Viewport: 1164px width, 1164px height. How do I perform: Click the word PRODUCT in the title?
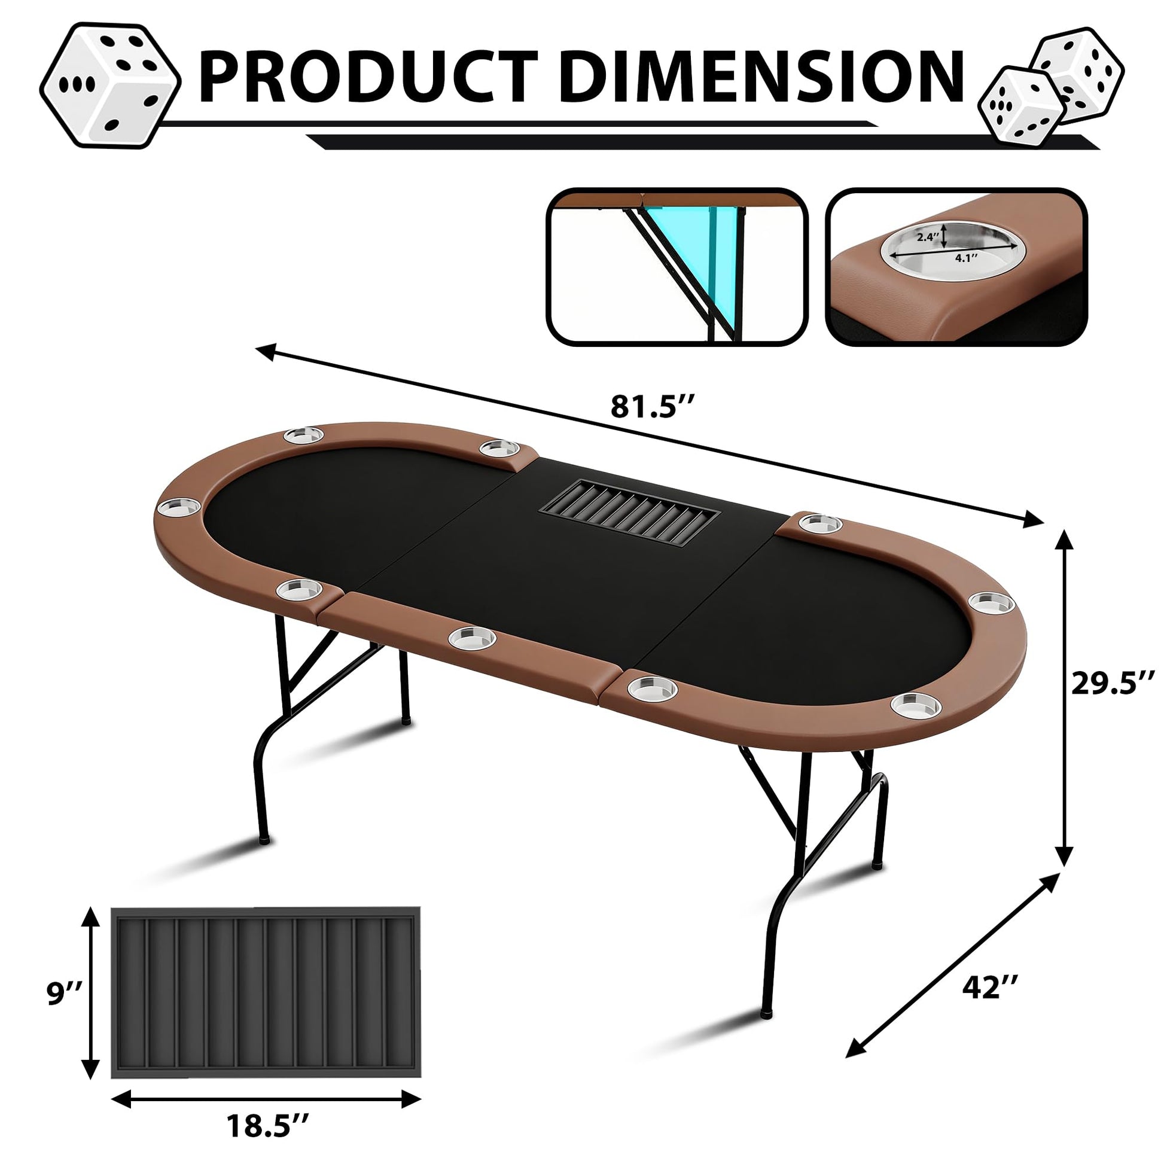pos(368,78)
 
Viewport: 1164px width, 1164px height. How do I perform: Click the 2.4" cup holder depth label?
pos(928,237)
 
